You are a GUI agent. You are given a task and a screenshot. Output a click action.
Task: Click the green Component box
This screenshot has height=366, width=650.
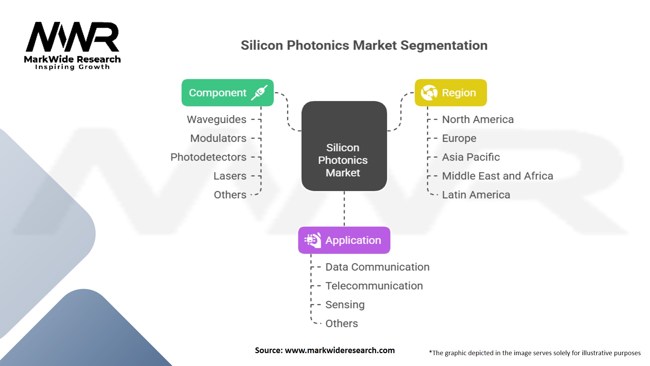click(x=227, y=93)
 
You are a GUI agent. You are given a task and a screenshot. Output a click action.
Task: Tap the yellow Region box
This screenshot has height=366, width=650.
click(x=451, y=93)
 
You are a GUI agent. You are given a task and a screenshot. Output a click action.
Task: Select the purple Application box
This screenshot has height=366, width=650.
click(x=344, y=240)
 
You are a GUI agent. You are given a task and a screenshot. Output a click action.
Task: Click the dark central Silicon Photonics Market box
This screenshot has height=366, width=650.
click(x=344, y=146)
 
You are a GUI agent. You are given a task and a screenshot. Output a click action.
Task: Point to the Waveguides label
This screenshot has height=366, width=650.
click(x=216, y=119)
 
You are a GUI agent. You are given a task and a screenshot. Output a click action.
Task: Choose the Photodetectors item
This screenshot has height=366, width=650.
click(x=208, y=157)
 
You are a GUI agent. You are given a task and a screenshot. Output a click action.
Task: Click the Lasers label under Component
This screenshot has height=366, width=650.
click(x=230, y=176)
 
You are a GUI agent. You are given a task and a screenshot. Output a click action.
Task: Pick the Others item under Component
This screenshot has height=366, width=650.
click(x=230, y=195)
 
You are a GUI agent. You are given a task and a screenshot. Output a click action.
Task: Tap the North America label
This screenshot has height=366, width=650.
click(x=478, y=119)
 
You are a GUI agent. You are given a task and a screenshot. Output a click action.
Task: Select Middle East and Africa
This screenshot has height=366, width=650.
click(x=497, y=176)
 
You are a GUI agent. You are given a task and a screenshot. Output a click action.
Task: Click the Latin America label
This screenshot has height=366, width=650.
click(x=476, y=195)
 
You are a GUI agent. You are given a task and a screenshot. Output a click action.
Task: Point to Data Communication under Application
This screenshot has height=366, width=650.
click(x=377, y=267)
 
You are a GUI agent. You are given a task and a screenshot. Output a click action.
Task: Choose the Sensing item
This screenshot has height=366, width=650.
click(x=345, y=305)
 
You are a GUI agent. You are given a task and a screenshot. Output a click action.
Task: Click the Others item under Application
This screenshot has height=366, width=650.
click(x=341, y=324)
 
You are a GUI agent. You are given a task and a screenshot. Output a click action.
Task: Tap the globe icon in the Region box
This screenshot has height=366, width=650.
click(x=429, y=93)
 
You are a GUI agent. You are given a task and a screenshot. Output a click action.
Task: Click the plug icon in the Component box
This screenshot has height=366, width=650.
click(x=259, y=93)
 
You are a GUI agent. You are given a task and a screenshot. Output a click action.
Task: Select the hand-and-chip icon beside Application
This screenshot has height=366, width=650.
click(x=312, y=240)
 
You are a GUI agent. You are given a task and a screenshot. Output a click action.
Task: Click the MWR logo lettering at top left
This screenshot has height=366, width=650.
click(x=72, y=37)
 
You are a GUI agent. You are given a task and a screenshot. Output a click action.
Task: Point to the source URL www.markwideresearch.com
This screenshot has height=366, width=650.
click(x=340, y=350)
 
